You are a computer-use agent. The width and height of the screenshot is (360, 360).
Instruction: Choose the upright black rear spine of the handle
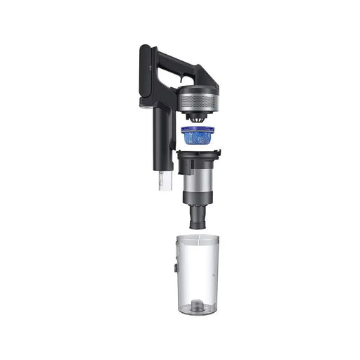coord(145,77)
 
